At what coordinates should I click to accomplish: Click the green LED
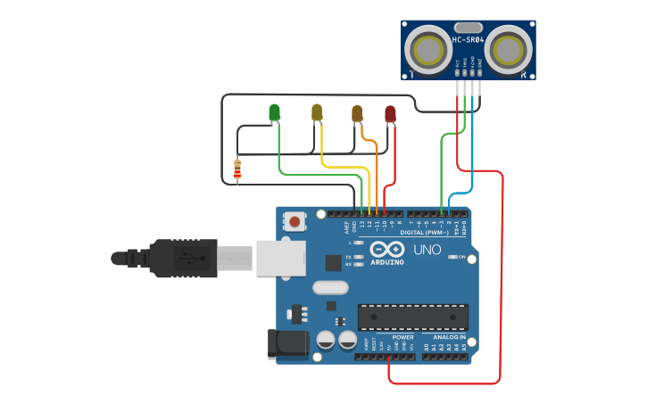tap(274, 111)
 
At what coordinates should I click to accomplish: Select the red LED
tap(390, 113)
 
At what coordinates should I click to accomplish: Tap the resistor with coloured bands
tap(236, 169)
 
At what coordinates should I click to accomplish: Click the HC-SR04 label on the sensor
tap(468, 40)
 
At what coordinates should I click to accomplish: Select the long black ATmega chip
tap(412, 317)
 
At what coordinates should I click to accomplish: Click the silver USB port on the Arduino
tap(280, 257)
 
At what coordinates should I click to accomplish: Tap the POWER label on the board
tap(402, 338)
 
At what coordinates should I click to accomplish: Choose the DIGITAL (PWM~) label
tap(436, 232)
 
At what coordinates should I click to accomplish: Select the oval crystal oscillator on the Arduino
tap(329, 288)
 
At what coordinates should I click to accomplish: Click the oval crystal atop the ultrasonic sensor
tap(468, 28)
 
